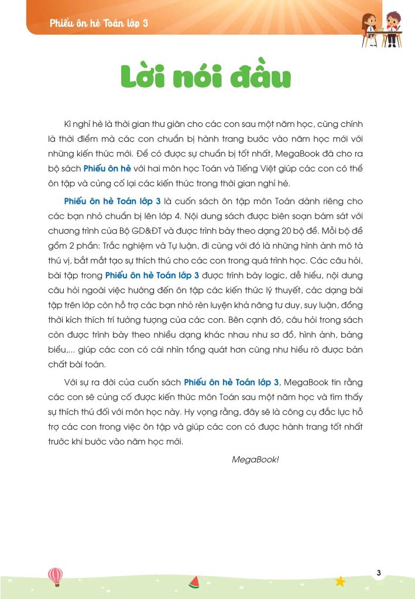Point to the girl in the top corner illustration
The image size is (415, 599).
[x=370, y=26]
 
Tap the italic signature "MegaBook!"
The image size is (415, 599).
[x=255, y=459]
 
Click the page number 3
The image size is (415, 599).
[x=379, y=573]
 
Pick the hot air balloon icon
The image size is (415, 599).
[x=55, y=576]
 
